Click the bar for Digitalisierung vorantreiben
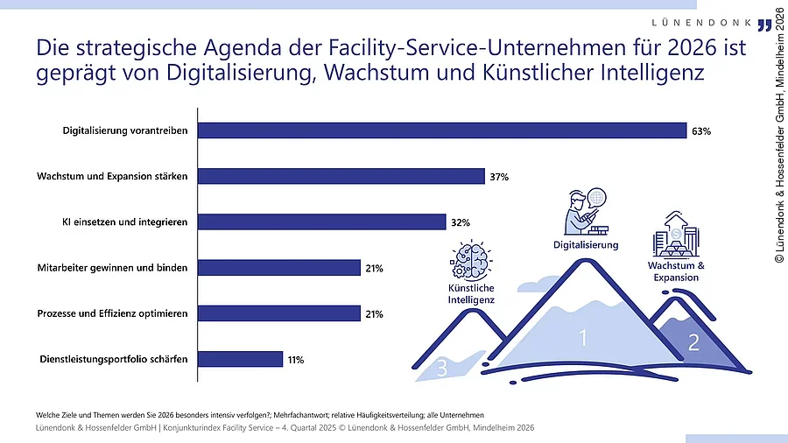(442, 130)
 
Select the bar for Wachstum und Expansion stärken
(341, 176)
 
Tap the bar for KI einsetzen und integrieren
(322, 222)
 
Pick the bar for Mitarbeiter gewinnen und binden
(279, 268)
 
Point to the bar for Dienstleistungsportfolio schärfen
(241, 359)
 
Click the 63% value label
(701, 131)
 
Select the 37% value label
(499, 177)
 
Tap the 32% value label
(461, 222)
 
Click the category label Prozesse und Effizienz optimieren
(112, 313)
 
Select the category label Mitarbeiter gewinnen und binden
(112, 268)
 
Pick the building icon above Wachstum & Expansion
(675, 233)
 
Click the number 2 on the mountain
(693, 343)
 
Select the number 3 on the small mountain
(442, 369)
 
